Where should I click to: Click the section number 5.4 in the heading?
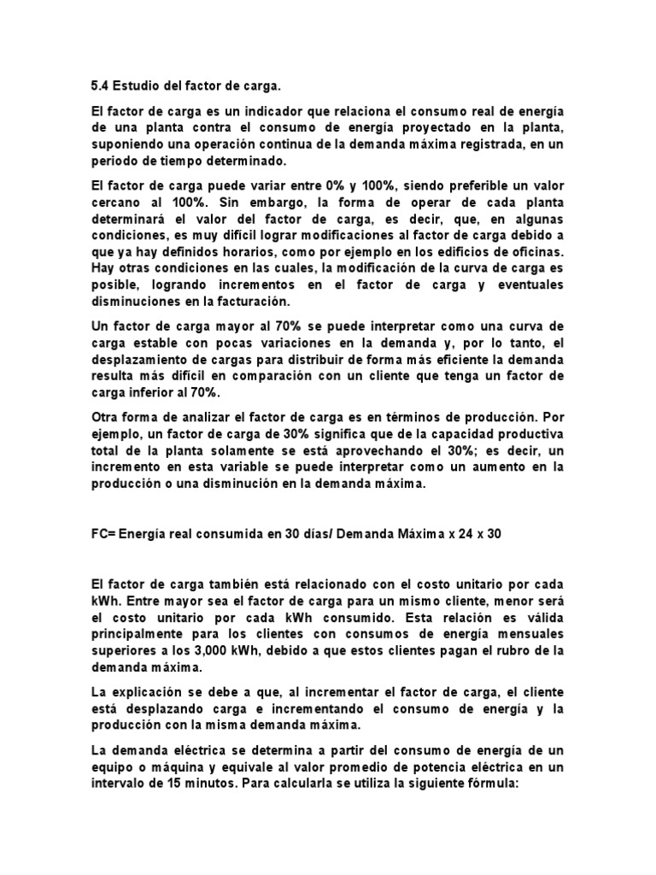99,85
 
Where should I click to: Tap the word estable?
150,344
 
